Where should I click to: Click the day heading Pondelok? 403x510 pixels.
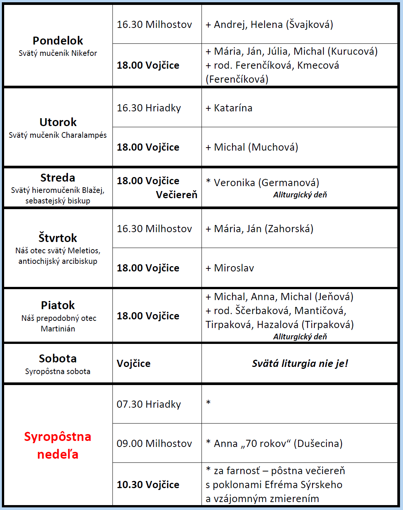58,41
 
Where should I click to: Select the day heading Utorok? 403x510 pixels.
58,122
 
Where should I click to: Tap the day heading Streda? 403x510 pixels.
58,178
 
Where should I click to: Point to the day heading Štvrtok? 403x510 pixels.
58,238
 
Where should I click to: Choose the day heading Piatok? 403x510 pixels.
58,305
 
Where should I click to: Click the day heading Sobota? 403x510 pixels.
58,358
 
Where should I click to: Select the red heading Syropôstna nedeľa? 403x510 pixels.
58,445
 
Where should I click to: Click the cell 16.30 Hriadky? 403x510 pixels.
149,108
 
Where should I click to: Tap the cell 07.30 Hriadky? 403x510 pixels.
149,404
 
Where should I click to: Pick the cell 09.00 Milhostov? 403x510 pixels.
154,444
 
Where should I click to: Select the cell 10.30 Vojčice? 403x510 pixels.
148,485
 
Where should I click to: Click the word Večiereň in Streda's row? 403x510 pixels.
177,195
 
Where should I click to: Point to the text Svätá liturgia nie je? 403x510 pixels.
300,364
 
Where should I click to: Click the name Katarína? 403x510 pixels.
233,108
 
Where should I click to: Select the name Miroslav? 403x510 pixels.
234,268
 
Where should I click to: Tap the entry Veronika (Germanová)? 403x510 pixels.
266,183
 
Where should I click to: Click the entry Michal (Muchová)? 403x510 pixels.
256,147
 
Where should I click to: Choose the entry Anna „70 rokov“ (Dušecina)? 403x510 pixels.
278,444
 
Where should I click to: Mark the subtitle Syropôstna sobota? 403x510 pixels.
58,371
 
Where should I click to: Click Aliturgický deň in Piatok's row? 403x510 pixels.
300,337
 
